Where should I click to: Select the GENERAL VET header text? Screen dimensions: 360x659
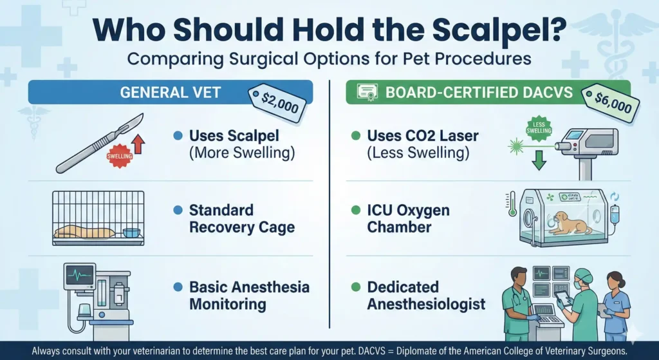[171, 93]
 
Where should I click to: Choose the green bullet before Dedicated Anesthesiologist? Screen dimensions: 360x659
[355, 287]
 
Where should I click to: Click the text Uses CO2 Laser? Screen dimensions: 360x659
[422, 137]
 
